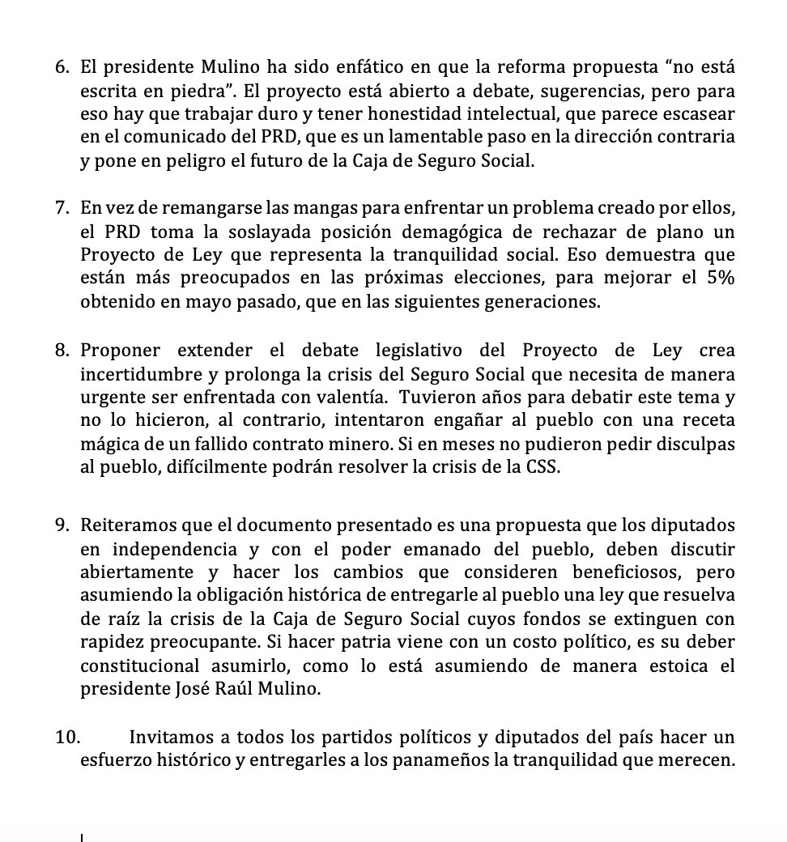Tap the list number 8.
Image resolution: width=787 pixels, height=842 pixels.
62,351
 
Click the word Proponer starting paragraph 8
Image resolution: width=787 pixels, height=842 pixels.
120,351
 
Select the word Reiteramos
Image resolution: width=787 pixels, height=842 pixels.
128,525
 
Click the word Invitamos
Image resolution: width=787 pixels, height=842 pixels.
171,738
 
